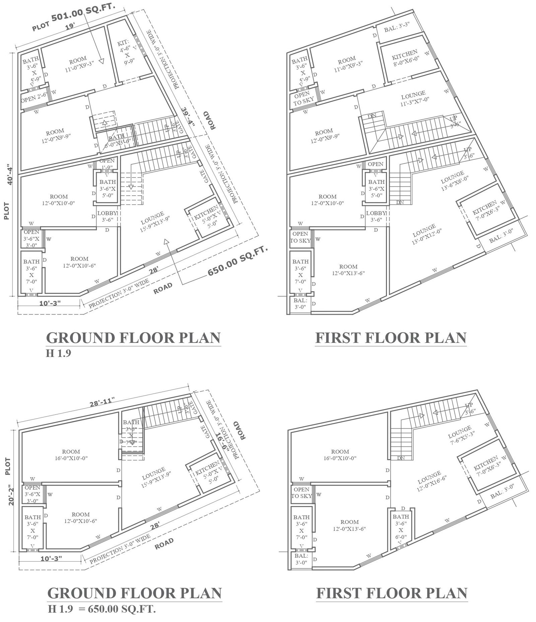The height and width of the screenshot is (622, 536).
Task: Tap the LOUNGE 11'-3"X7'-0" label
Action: [414, 97]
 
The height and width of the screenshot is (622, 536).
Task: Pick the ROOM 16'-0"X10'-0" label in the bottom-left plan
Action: [71, 455]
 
